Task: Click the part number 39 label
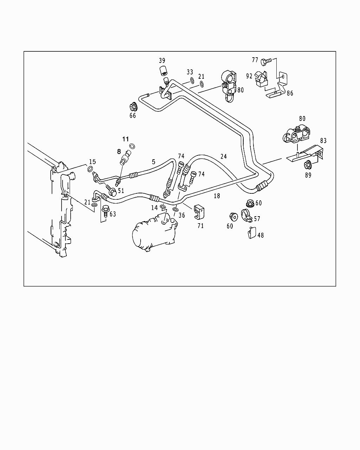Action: (x=162, y=61)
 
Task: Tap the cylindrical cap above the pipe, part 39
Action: (x=162, y=71)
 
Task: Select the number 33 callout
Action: (x=190, y=72)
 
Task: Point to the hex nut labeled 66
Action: (x=133, y=106)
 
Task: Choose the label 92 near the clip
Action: (x=249, y=76)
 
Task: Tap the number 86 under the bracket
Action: (x=290, y=93)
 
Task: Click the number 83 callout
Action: (x=323, y=141)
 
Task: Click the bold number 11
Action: (x=126, y=139)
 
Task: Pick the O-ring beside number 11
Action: (x=133, y=146)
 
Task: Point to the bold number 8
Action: (x=119, y=152)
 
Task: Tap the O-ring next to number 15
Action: (x=90, y=169)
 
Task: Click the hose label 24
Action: (x=224, y=156)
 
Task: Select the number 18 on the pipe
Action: (x=217, y=196)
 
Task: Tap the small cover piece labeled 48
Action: (x=251, y=233)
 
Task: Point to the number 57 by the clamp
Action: (x=257, y=219)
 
